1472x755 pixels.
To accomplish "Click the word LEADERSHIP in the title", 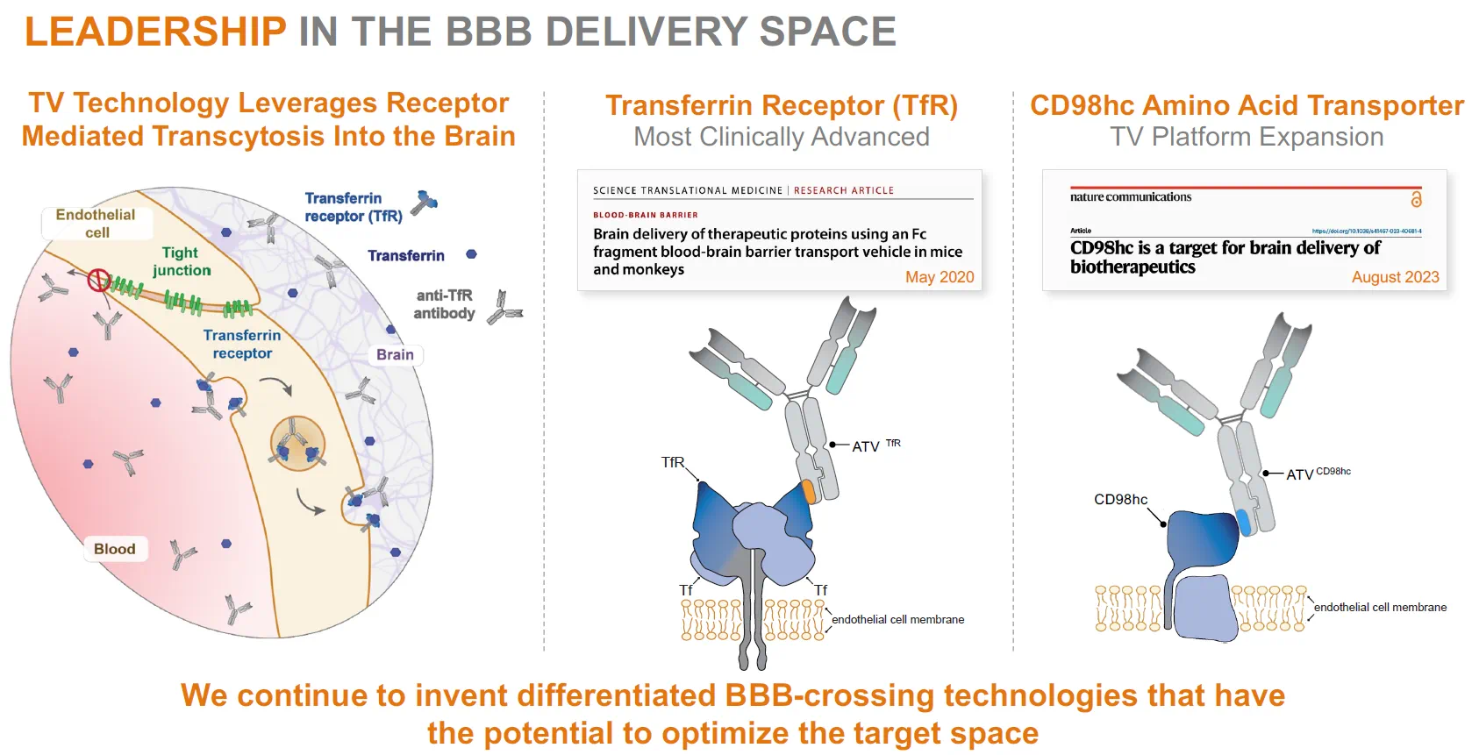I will coord(155,32).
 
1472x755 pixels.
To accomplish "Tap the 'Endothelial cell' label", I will coord(96,223).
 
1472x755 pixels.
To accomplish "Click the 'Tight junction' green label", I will coord(181,261).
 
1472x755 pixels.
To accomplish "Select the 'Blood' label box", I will coord(115,549).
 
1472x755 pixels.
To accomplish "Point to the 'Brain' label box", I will coord(395,354).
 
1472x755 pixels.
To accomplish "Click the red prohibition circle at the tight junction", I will coord(98,280).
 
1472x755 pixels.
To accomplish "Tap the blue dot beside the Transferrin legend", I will coord(471,254).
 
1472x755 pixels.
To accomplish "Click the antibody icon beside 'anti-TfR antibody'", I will coord(504,307).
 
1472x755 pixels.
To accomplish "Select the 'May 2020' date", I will coord(940,277).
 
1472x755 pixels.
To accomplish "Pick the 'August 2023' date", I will coord(1395,277).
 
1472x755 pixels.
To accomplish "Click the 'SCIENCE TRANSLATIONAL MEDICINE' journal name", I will coord(688,190).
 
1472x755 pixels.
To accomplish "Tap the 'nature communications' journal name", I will coord(1131,197).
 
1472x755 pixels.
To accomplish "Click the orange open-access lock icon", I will coord(1416,199).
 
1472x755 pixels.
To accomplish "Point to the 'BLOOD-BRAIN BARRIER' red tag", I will coord(646,215).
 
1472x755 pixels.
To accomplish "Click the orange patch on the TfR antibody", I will coord(809,491).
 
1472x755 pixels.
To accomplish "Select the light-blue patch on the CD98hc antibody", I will coord(1243,523).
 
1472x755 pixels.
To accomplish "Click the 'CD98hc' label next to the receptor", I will coord(1120,500).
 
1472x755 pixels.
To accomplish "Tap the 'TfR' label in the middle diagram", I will coord(673,462).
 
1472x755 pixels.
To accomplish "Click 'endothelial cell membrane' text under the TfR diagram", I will coord(897,620).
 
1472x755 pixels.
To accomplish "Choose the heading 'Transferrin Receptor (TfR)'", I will coord(781,106).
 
